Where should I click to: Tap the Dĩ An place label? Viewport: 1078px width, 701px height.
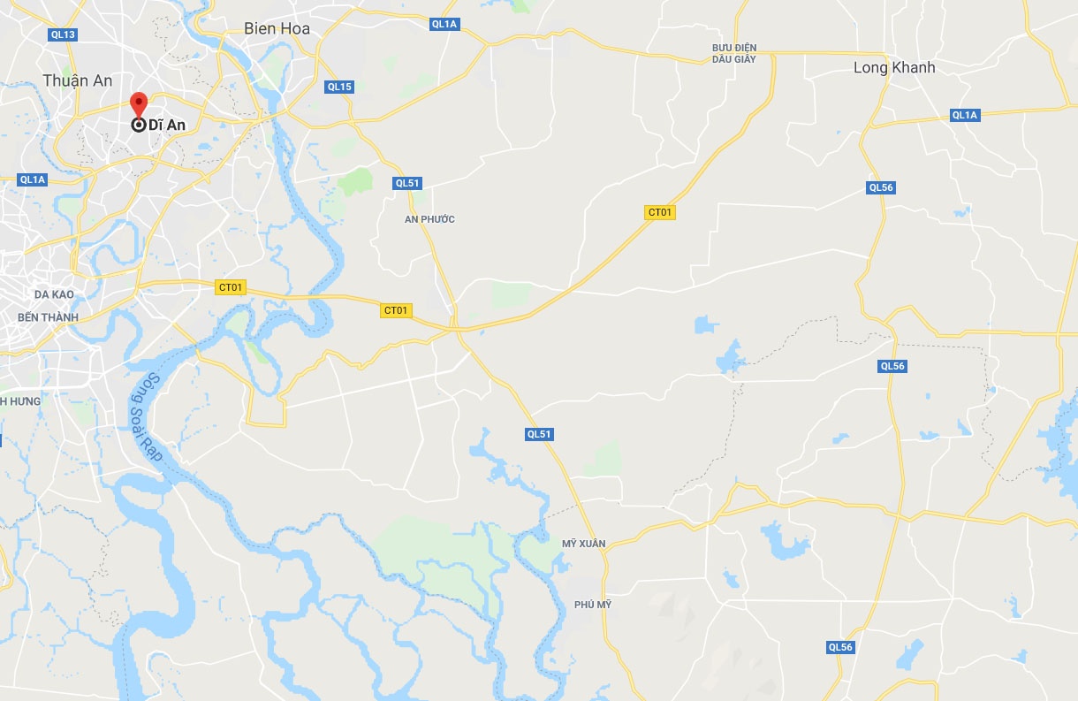coord(167,126)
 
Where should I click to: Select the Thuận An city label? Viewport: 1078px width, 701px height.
coord(78,80)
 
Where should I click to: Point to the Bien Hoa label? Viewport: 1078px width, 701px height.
coord(277,29)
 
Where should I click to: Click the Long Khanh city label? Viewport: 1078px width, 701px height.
coord(894,67)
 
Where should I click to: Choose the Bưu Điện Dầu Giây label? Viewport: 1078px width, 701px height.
coord(734,53)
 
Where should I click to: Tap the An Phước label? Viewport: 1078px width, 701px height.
coord(429,219)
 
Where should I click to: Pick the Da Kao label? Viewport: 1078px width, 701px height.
coord(54,294)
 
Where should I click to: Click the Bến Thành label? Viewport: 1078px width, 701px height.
coord(48,317)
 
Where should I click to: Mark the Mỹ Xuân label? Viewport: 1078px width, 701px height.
coord(583,543)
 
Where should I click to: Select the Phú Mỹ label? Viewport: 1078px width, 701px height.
coord(592,605)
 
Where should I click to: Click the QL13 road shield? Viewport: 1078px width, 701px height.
coord(64,34)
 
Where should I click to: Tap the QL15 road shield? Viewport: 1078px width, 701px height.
coord(339,87)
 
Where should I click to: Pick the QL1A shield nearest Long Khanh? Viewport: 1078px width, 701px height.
coord(965,115)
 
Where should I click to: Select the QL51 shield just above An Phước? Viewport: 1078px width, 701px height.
coord(408,183)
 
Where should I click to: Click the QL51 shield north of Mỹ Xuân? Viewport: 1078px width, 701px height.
coord(539,434)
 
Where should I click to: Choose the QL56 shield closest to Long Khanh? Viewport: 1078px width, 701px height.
coord(882,187)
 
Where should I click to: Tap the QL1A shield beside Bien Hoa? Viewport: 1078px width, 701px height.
coord(444,24)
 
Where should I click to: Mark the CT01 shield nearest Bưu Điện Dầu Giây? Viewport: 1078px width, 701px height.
coord(660,212)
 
